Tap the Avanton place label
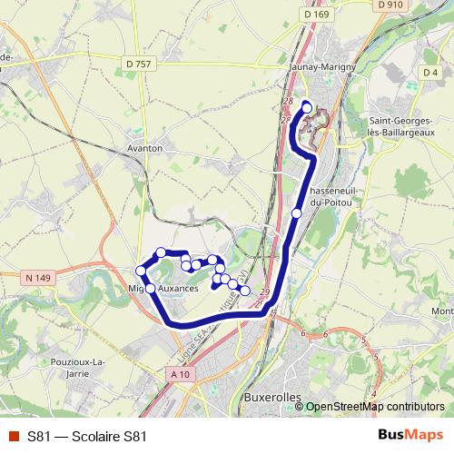point(145,147)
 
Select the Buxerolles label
point(271,398)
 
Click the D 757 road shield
point(139,64)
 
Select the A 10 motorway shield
point(181,373)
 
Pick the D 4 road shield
point(430,73)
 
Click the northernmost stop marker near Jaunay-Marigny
point(307,108)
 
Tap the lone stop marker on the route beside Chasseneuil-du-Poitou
point(297,212)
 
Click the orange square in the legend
point(12,437)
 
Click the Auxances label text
point(178,288)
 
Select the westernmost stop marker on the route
point(141,271)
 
